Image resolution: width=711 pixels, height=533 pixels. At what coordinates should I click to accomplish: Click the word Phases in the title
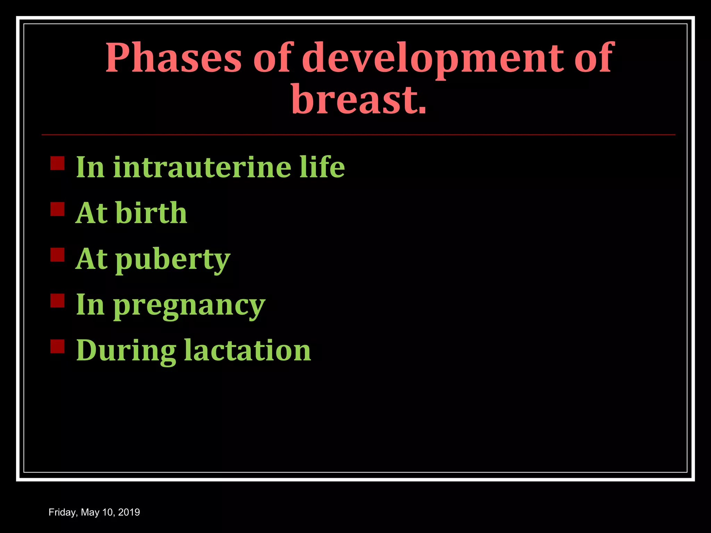click(x=173, y=58)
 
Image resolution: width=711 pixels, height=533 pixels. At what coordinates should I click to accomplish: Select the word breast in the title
click(x=354, y=99)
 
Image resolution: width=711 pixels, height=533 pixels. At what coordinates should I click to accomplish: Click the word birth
click(x=151, y=213)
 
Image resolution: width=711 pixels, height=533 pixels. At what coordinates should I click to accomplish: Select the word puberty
click(x=173, y=260)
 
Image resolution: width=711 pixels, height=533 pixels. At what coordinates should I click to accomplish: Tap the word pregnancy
click(x=189, y=305)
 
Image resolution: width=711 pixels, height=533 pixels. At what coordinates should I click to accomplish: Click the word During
click(x=126, y=351)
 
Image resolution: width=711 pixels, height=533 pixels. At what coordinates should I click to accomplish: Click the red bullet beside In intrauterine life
click(x=57, y=163)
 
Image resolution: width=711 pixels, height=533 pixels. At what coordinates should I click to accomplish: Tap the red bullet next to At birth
click(x=57, y=209)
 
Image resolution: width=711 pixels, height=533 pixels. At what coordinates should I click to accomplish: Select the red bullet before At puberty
click(x=57, y=254)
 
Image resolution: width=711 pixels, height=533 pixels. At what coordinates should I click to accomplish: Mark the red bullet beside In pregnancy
click(x=57, y=301)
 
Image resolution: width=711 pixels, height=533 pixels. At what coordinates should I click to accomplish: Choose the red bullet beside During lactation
click(x=57, y=346)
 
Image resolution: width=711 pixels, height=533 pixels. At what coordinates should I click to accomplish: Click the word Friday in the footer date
click(x=63, y=513)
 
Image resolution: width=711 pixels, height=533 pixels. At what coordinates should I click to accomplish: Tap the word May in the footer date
click(x=90, y=513)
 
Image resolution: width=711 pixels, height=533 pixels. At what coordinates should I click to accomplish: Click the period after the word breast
click(x=422, y=110)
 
